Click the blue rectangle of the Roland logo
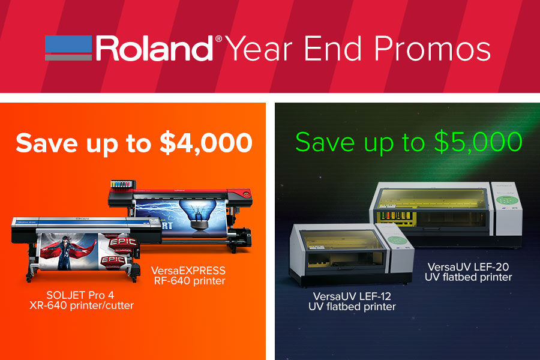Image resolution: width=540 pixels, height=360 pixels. click(x=68, y=44)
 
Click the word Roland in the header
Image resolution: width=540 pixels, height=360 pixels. click(x=154, y=49)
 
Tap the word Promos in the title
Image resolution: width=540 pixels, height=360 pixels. click(x=432, y=49)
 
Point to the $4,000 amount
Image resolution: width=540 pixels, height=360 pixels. click(x=206, y=143)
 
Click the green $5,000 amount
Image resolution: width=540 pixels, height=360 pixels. click(x=478, y=142)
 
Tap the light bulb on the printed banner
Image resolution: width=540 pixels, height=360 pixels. click(x=198, y=214)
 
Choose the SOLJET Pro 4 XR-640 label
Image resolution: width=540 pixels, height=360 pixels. click(x=81, y=300)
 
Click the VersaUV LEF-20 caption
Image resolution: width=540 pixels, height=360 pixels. click(x=469, y=272)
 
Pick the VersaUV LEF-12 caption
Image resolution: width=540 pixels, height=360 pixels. click(x=352, y=301)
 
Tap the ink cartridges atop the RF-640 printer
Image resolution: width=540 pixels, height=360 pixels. click(x=122, y=184)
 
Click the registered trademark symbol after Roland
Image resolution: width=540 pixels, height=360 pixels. click(x=218, y=39)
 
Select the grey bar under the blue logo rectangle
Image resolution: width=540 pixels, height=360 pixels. click(x=68, y=57)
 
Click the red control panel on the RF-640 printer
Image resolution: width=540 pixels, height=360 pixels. click(x=245, y=194)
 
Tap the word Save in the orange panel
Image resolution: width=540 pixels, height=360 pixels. click(x=47, y=143)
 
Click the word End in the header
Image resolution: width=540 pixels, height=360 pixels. click(x=333, y=49)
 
